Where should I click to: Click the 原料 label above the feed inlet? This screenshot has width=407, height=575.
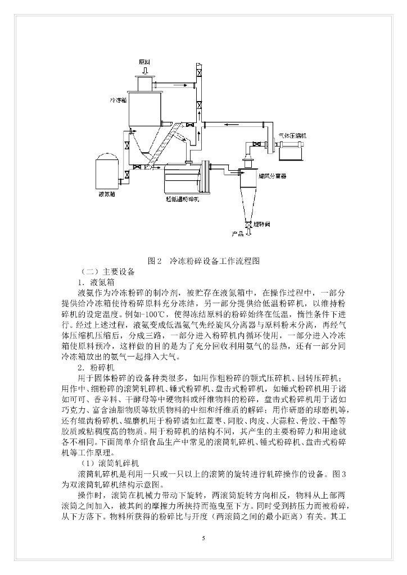click(x=145, y=61)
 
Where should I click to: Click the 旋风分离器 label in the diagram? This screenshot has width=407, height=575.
click(x=272, y=176)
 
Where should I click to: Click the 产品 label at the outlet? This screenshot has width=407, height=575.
click(x=238, y=232)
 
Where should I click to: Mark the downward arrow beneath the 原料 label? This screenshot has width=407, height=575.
click(x=145, y=70)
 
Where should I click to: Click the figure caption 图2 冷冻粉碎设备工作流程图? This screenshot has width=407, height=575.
click(x=203, y=261)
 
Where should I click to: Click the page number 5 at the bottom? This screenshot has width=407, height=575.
click(x=203, y=539)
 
